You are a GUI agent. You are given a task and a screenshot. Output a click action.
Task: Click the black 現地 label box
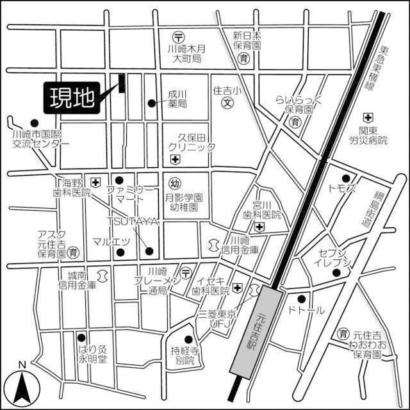click(71, 98)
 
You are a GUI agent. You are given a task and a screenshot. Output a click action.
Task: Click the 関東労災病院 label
click(368, 135)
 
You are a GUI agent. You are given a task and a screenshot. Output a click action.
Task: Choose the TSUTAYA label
click(133, 221)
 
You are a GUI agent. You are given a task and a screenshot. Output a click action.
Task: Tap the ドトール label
click(307, 310)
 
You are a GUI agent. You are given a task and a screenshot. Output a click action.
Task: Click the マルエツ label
click(111, 242)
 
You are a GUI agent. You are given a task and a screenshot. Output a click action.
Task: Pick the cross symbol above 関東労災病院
click(367, 118)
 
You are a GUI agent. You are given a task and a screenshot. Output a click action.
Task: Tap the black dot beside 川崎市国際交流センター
click(35, 123)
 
